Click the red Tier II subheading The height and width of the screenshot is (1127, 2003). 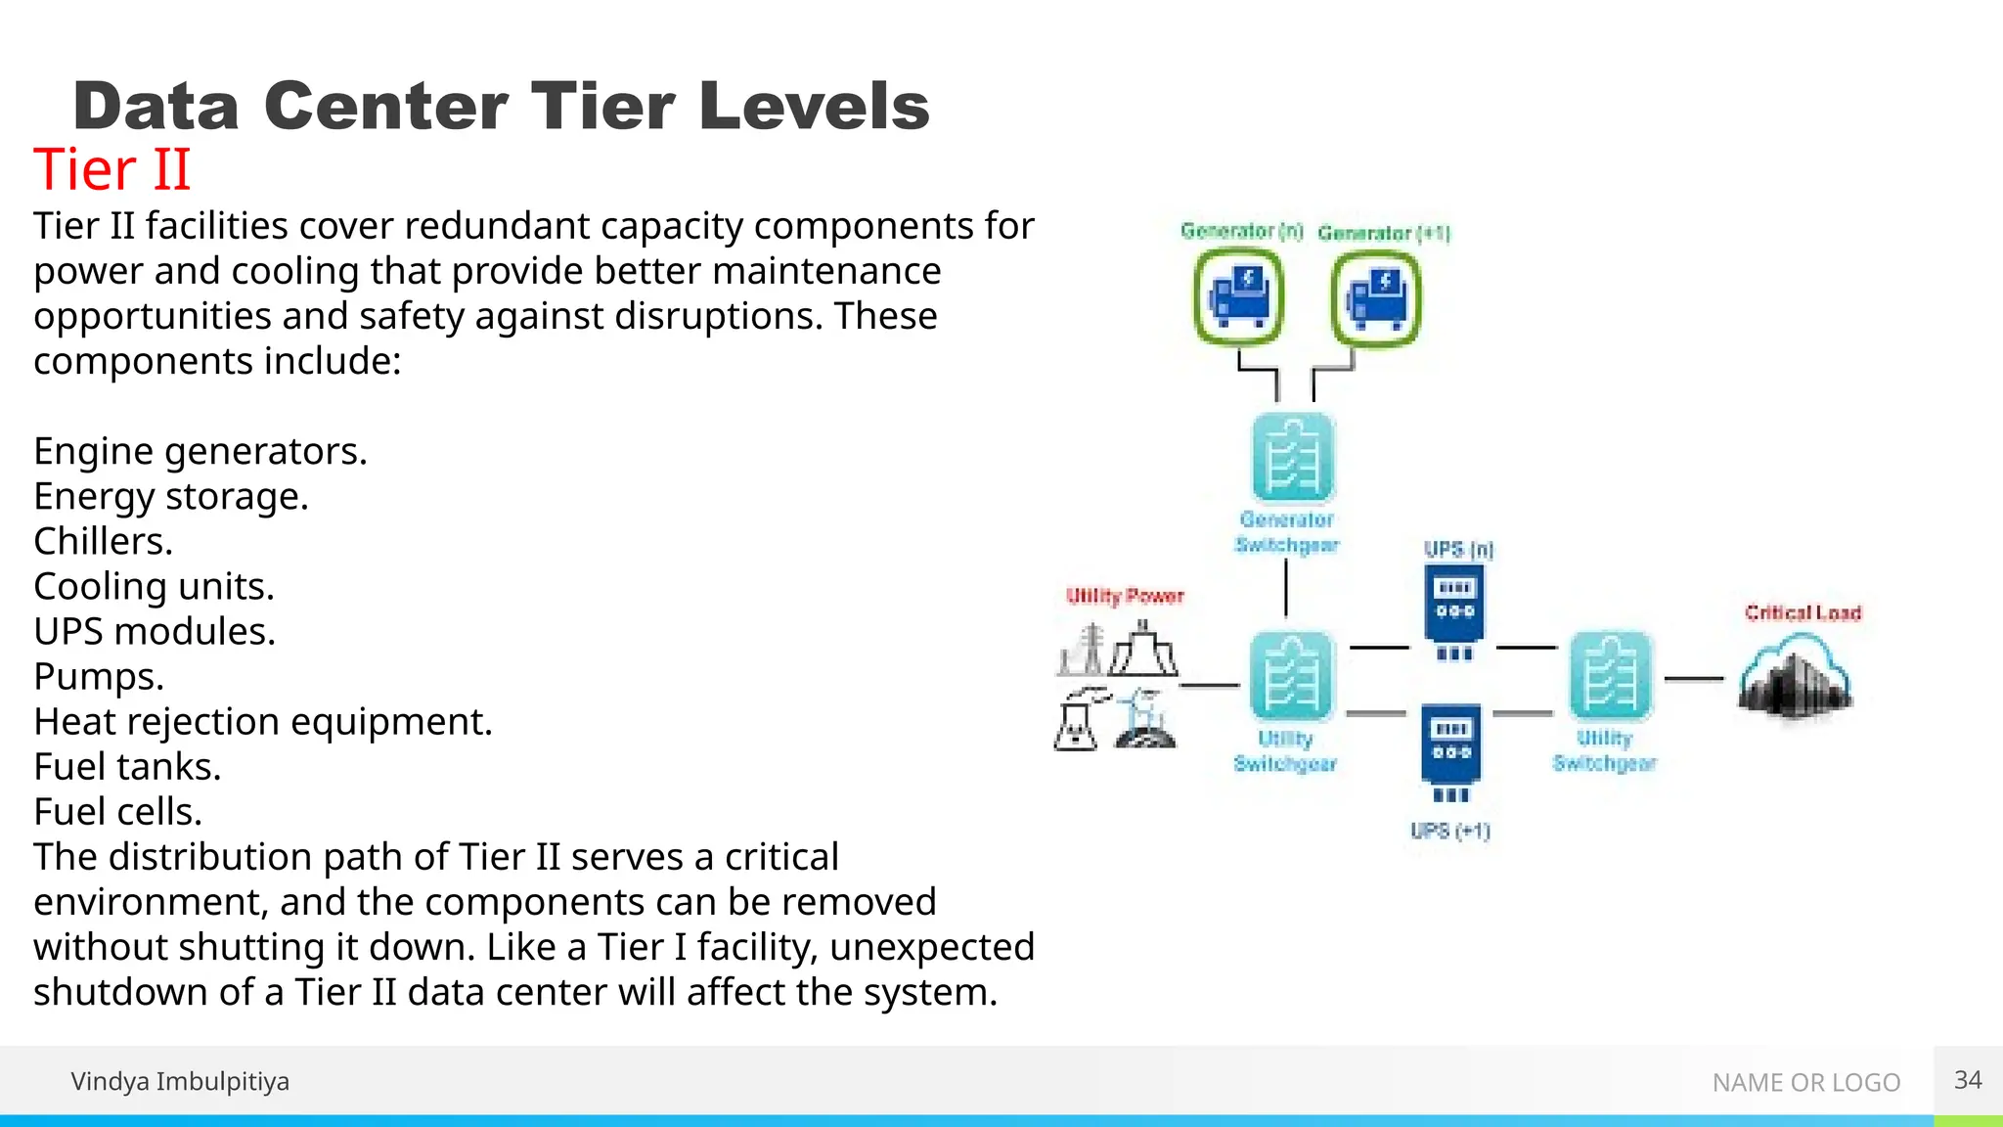click(x=111, y=169)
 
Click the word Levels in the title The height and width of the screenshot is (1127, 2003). click(x=814, y=106)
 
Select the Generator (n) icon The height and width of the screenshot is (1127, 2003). click(x=1238, y=296)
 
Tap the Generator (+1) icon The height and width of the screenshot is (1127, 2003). click(x=1375, y=298)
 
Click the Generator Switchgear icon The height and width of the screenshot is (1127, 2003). click(x=1292, y=458)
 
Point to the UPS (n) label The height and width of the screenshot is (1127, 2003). click(x=1458, y=550)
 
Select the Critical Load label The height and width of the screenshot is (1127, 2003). click(x=1803, y=613)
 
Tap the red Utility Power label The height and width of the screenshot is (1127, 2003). click(x=1125, y=597)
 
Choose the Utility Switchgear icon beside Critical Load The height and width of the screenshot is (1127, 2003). click(x=1610, y=675)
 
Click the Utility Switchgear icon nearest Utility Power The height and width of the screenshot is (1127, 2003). click(x=1291, y=675)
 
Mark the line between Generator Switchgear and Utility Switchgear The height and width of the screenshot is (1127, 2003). click(x=1286, y=590)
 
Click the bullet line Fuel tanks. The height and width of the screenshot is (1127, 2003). click(x=127, y=767)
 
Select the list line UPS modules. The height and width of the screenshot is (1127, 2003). click(x=155, y=632)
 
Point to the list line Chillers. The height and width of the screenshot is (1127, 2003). click(x=103, y=542)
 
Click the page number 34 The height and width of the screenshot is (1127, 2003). click(x=1968, y=1080)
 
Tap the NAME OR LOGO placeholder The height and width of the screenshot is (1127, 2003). click(x=1805, y=1083)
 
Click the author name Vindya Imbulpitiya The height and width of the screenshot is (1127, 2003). click(x=180, y=1082)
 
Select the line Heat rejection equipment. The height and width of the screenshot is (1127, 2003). click(x=262, y=722)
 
